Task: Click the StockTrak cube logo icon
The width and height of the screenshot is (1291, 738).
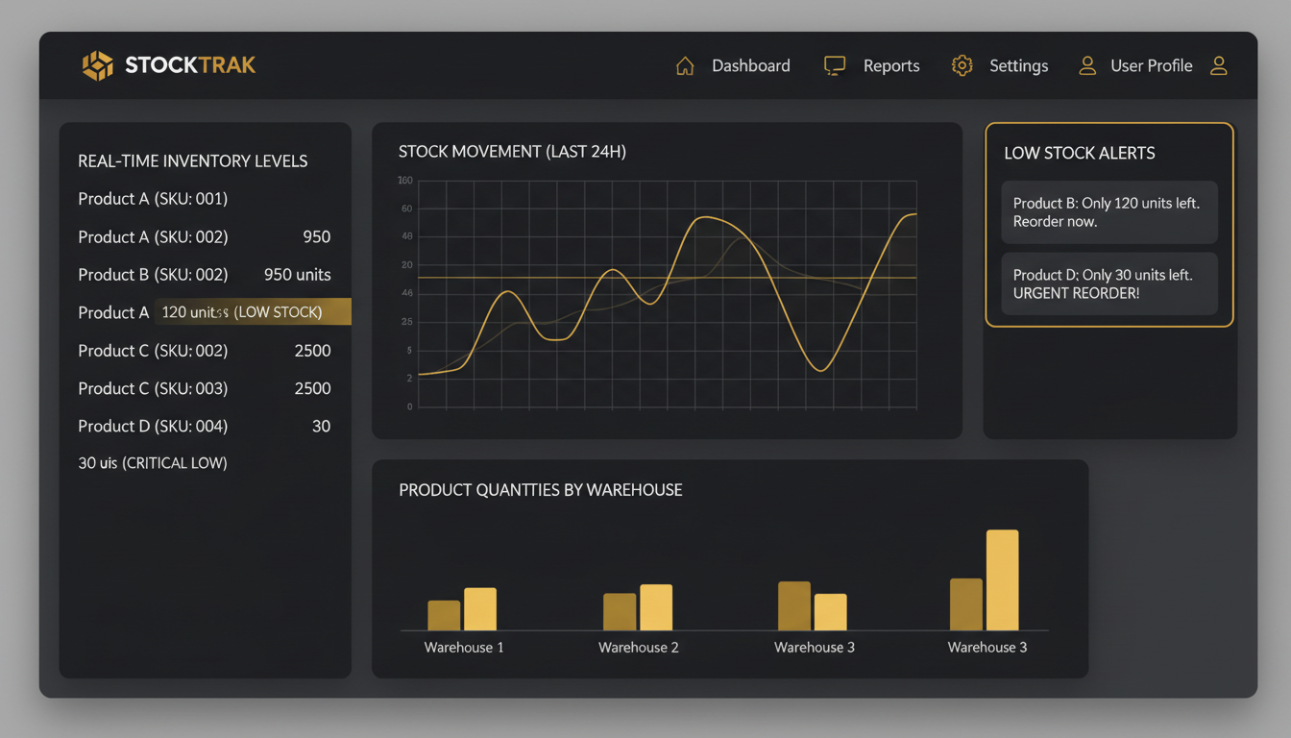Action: tap(97, 65)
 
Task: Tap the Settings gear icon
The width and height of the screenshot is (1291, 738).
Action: tap(962, 65)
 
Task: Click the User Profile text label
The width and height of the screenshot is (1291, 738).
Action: tap(1151, 65)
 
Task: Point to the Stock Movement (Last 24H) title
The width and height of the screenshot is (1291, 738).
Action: tap(512, 151)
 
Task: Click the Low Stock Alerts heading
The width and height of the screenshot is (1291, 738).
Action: tap(1079, 153)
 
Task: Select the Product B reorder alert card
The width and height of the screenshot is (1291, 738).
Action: tap(1108, 212)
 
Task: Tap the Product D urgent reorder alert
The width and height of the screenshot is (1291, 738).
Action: tap(1108, 283)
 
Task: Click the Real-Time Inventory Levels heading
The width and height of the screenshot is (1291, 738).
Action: tap(192, 160)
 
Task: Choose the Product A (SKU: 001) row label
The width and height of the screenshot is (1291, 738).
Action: tap(153, 199)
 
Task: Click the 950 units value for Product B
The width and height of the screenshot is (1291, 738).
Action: tap(297, 275)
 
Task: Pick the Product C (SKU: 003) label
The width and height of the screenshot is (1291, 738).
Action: tap(153, 388)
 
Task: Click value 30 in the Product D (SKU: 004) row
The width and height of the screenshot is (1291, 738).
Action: tap(321, 426)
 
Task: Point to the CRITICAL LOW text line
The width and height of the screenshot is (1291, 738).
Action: tap(153, 463)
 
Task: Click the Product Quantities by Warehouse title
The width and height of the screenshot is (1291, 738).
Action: tap(540, 490)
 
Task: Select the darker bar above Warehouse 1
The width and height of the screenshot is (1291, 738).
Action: tap(444, 615)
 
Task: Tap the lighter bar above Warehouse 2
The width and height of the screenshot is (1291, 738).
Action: tap(656, 607)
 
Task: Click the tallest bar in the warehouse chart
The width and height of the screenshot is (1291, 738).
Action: tap(1002, 579)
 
